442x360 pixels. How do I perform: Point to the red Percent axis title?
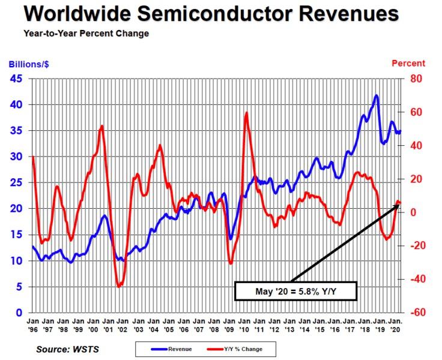tap(408, 63)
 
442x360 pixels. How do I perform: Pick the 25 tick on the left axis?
tap(17, 182)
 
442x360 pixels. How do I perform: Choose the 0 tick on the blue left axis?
tap(20, 313)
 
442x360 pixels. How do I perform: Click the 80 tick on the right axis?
tap(416, 79)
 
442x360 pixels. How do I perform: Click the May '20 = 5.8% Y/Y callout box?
tap(295, 292)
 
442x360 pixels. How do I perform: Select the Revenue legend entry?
tap(177, 347)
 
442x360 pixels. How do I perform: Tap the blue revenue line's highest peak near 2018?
tap(376, 95)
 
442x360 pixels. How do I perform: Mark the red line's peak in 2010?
tap(246, 113)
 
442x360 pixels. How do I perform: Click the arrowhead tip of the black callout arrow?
tap(399, 204)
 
